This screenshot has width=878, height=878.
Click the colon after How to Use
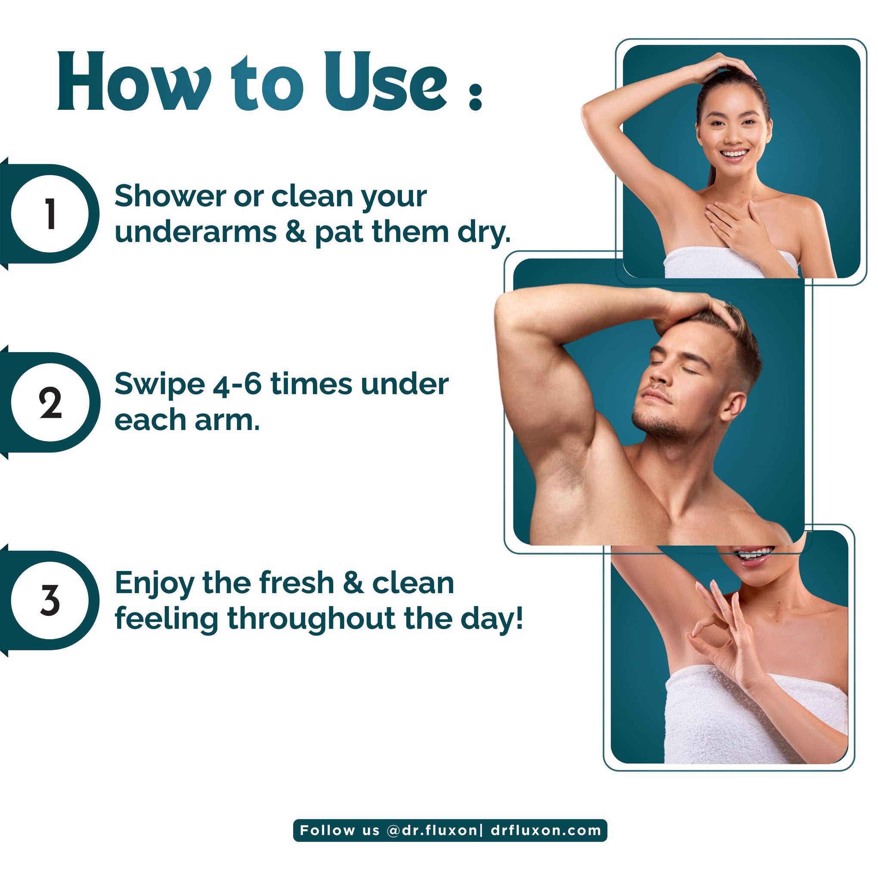pos(475,96)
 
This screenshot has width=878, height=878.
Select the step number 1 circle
pos(50,213)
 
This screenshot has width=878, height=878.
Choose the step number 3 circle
pos(50,600)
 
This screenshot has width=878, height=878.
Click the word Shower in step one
pos(170,196)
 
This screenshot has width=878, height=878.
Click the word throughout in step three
pos(311,619)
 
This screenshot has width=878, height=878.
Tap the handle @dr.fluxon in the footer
pos(431,830)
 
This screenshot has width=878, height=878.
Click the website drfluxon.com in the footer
pos(546,830)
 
